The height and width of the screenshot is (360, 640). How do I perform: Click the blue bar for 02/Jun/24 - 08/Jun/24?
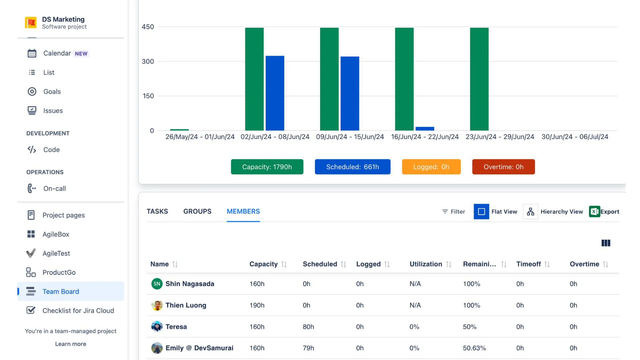275,93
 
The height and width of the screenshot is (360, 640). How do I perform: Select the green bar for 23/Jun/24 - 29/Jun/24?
479,79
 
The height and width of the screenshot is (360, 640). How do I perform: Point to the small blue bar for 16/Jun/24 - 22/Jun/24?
425,129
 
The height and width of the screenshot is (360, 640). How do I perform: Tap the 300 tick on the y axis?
148,61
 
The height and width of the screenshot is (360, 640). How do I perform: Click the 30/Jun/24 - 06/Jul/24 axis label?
575,137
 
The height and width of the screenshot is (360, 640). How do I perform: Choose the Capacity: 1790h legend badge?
267,167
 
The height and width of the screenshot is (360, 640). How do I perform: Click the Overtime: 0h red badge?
503,167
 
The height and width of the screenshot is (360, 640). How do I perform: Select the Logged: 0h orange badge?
431,167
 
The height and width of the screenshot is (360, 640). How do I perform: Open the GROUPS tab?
197,211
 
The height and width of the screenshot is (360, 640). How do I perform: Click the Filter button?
453,212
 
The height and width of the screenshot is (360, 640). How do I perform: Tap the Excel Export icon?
594,212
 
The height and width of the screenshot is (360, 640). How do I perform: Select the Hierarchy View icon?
530,212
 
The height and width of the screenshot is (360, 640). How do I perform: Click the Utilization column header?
426,264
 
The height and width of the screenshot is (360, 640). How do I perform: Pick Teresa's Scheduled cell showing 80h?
308,327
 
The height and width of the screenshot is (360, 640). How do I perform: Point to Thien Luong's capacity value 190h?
257,305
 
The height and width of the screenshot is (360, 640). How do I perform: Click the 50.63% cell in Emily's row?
474,348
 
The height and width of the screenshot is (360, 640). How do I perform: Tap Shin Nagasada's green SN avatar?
157,284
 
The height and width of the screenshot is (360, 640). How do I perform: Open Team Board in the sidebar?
61,291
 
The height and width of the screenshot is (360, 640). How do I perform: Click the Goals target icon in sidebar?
32,91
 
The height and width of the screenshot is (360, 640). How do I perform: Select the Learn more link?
71,344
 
